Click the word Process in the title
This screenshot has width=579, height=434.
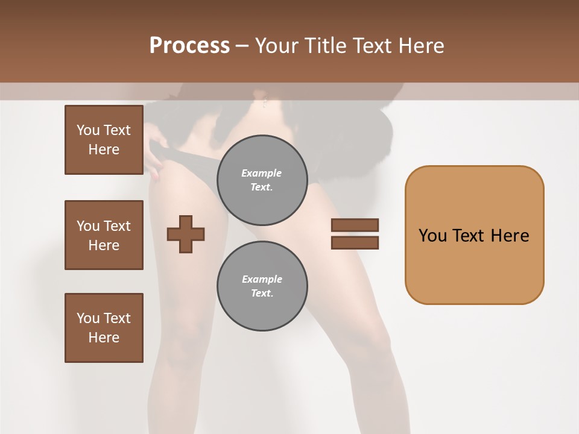pos(189,46)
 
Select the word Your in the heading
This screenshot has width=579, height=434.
pos(276,46)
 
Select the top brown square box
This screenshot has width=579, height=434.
pos(104,140)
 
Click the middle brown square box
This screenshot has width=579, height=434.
pos(104,235)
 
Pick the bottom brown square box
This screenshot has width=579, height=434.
pos(104,328)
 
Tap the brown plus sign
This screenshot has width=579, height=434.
pos(186,234)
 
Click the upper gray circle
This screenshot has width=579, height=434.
pos(262,180)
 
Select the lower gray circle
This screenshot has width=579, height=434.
pos(262,286)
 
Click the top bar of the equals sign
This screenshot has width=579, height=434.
pos(355,225)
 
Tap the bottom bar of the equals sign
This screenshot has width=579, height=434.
pos(355,242)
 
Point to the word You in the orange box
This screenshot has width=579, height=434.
pos(432,236)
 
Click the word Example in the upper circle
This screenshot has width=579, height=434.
pos(262,173)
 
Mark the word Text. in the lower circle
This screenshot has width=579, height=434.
pos(262,294)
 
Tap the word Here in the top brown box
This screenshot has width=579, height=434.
pos(104,149)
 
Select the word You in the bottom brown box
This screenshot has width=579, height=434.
pos(88,318)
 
